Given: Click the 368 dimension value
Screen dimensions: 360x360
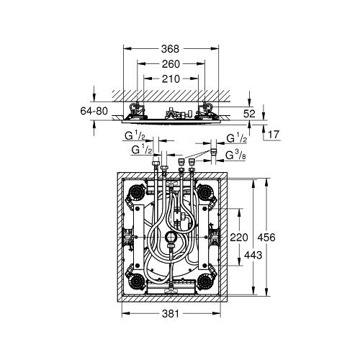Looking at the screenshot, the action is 170,49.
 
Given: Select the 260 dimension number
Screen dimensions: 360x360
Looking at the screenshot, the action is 171,64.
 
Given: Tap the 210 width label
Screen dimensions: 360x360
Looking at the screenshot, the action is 171,78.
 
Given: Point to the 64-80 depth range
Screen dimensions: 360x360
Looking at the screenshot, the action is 94,111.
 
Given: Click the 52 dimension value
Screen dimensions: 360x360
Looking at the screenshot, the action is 249,114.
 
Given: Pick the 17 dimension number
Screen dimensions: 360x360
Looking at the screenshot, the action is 274,135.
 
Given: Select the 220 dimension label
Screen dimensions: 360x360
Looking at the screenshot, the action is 239,238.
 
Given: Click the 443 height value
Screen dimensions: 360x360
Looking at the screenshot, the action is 253,255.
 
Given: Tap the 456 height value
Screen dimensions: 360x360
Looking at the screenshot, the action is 266,238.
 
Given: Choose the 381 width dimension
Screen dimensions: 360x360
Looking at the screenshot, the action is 171,313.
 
